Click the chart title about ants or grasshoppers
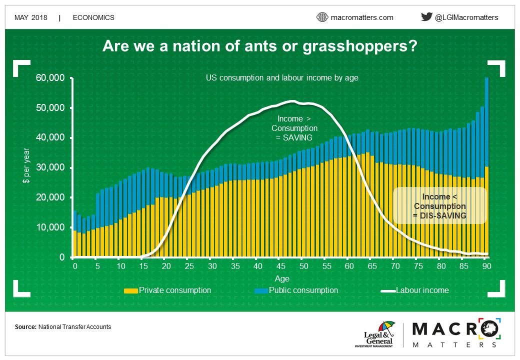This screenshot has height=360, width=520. click(259, 46)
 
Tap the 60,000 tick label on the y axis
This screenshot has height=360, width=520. click(50, 78)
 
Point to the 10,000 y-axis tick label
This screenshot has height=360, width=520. click(50, 227)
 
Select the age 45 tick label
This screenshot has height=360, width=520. click(281, 266)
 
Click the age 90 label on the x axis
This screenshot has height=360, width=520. click(486, 266)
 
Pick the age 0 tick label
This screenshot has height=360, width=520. click(75, 266)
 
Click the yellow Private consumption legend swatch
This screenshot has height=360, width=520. click(130, 290)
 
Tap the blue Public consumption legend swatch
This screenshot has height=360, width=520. click(261, 290)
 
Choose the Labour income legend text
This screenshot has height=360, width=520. click(422, 290)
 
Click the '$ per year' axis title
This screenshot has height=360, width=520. click(26, 165)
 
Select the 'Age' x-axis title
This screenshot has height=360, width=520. click(282, 279)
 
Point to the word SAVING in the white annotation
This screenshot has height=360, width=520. click(297, 137)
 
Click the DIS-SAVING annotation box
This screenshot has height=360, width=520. click(439, 205)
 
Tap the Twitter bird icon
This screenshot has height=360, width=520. click(426, 16)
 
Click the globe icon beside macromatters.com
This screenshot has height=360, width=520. click(322, 17)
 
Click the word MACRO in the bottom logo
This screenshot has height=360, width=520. click(456, 329)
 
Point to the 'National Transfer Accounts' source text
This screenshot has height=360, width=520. click(74, 327)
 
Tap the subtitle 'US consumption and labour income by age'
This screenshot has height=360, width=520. click(282, 78)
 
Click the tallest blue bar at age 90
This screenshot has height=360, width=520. click(487, 122)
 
